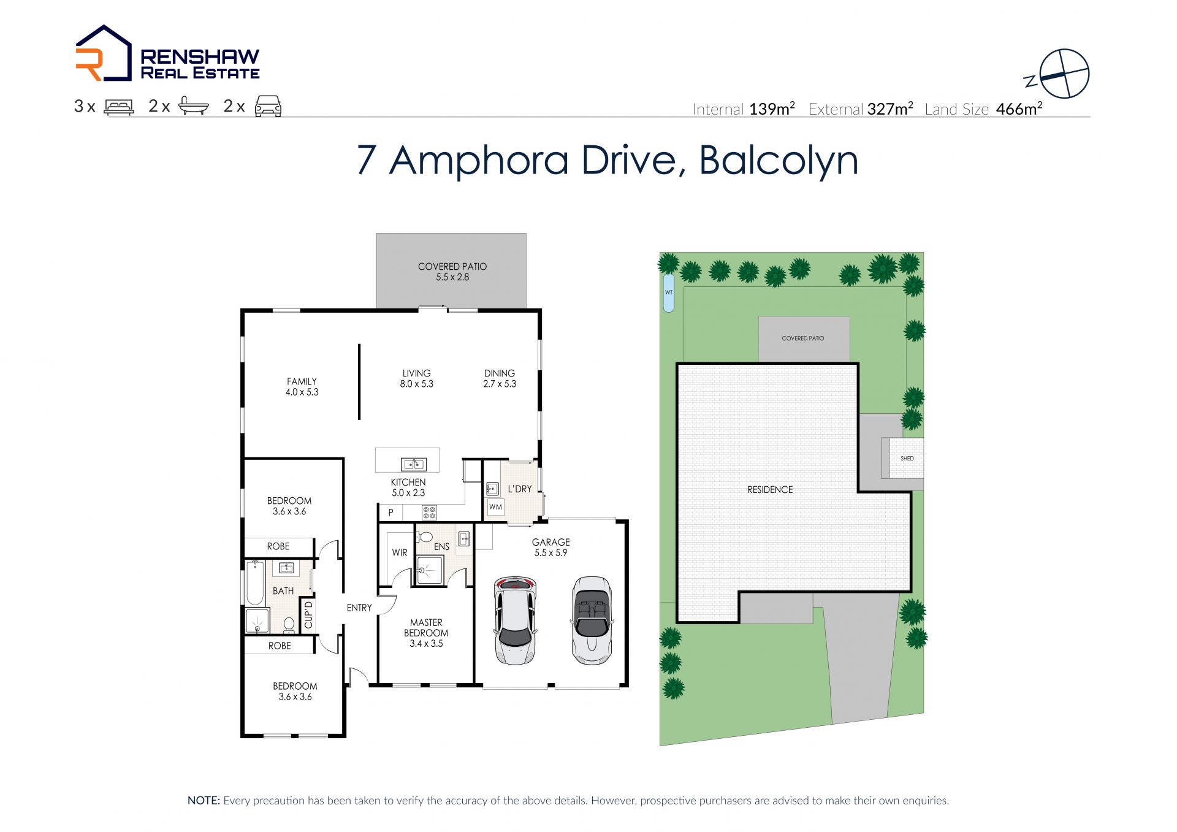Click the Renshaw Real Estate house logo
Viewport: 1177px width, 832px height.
click(x=104, y=53)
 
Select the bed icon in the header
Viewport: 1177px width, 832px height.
click(x=119, y=107)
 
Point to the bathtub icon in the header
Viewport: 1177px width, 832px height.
click(x=194, y=106)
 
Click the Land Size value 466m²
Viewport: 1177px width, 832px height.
click(x=1019, y=109)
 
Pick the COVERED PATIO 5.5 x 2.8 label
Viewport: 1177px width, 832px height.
click(x=452, y=272)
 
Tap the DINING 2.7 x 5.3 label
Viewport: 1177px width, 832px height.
click(x=500, y=378)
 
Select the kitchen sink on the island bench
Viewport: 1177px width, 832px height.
click(x=414, y=465)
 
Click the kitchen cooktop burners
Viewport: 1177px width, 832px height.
click(x=429, y=513)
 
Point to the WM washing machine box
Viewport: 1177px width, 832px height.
click(x=496, y=507)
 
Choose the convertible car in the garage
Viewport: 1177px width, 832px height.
click(x=592, y=620)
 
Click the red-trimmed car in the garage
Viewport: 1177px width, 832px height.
click(x=516, y=620)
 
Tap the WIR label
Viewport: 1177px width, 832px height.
click(x=400, y=552)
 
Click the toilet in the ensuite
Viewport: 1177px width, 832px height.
click(x=424, y=538)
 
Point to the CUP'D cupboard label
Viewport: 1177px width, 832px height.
click(x=308, y=615)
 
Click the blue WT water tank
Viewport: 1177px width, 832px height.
click(x=669, y=292)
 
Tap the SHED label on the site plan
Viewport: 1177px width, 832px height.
click(x=907, y=459)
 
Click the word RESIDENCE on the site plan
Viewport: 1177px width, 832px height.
click(x=770, y=490)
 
